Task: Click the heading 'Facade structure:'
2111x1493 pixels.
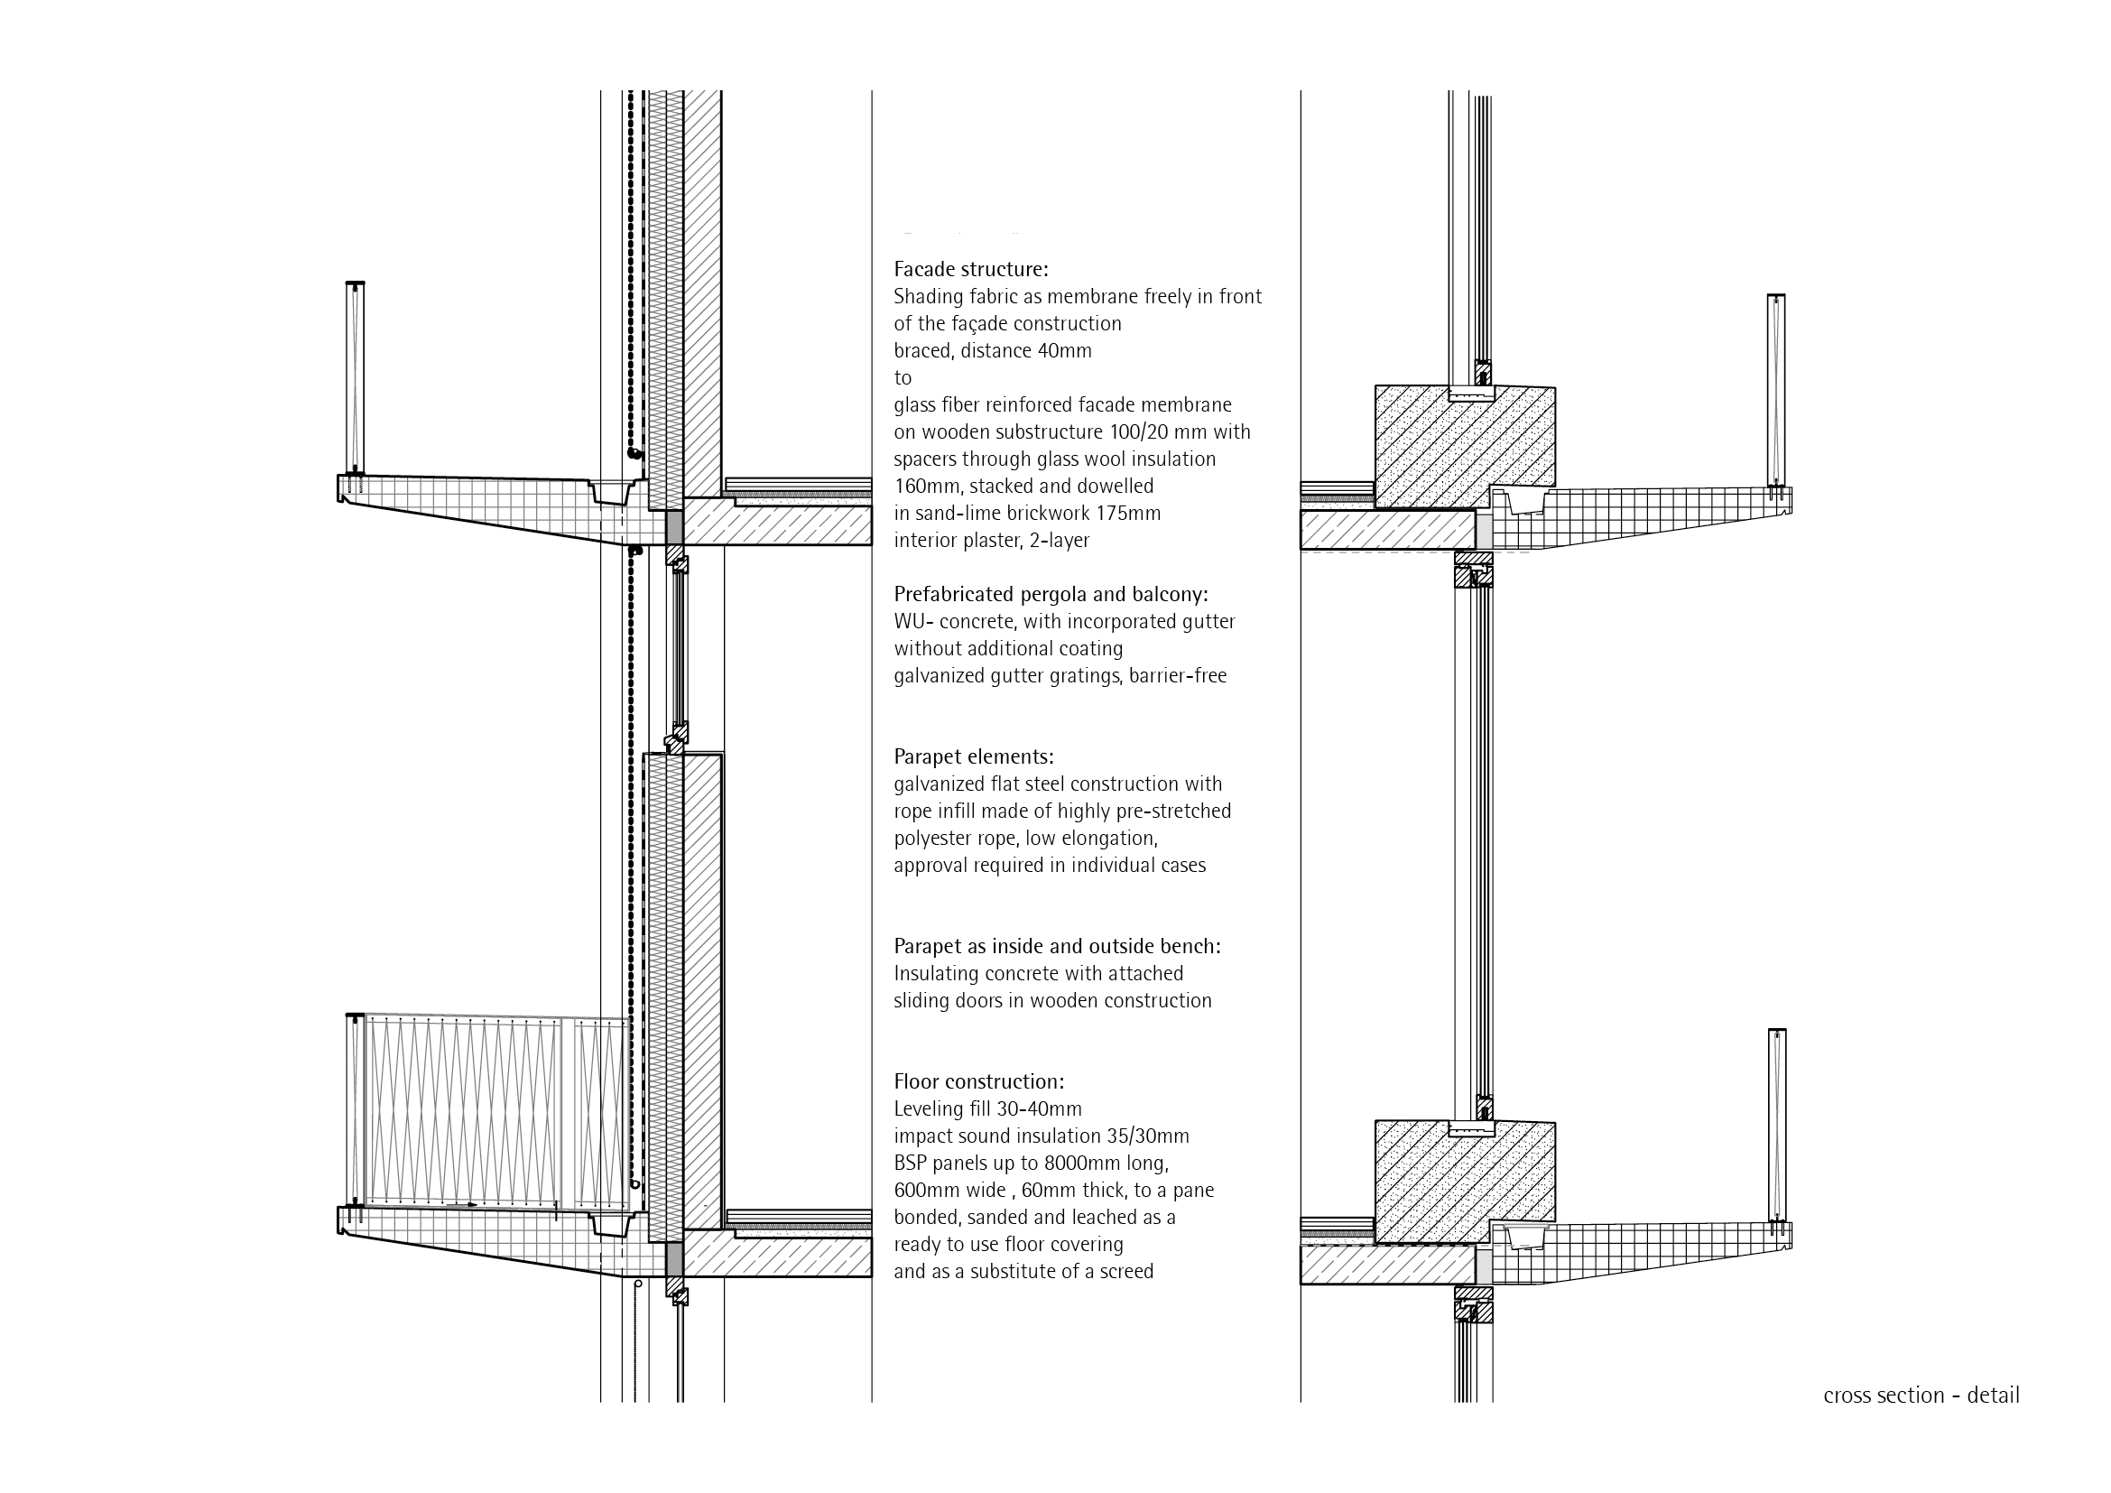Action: point(971,269)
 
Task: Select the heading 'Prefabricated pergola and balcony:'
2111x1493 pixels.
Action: point(1051,594)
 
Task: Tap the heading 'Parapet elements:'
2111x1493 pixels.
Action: point(974,756)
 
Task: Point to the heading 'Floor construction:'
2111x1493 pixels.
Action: point(979,1081)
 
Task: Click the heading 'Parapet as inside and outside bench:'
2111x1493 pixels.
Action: point(1058,946)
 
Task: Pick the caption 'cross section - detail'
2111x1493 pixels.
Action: point(1921,1395)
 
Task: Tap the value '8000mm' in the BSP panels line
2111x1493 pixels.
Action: point(1069,1163)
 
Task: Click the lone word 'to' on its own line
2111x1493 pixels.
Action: point(903,378)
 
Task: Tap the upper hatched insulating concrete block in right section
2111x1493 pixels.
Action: point(1465,447)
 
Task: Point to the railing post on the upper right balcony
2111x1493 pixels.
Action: point(1775,390)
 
